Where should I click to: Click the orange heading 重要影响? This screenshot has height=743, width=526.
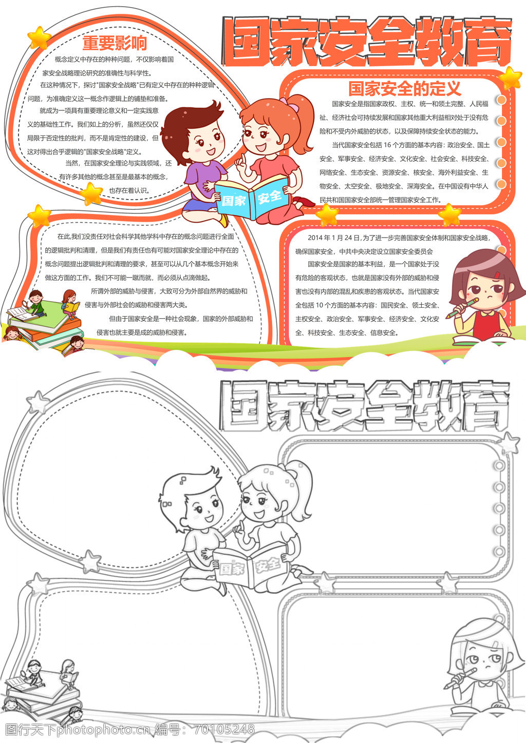(115, 43)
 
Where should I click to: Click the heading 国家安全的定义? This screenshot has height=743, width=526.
(405, 88)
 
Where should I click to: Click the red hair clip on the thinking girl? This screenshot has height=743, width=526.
(497, 275)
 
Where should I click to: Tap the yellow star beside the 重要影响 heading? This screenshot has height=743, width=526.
(39, 38)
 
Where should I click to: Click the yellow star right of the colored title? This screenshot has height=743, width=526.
(510, 79)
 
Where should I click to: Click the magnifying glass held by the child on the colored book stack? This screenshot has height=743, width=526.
(25, 303)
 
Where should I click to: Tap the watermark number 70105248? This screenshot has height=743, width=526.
(224, 729)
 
